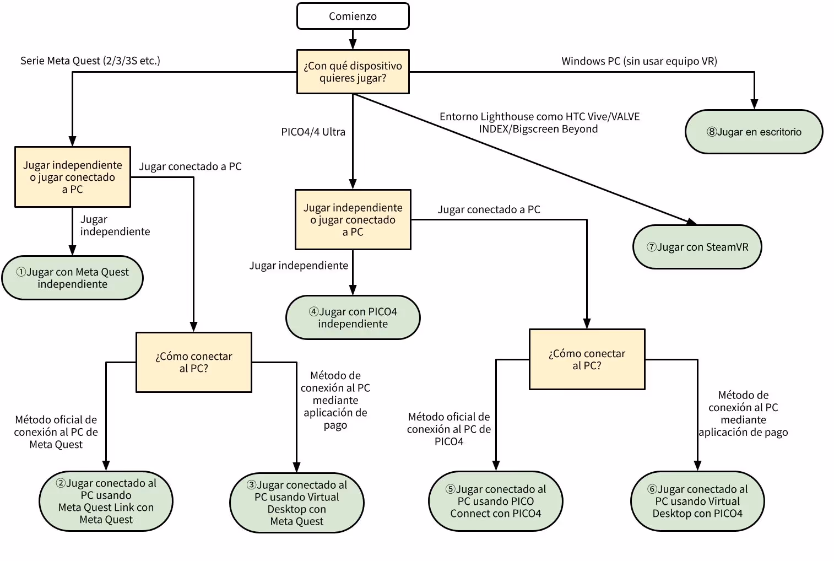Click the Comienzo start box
(x=353, y=16)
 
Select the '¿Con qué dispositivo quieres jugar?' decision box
(x=353, y=72)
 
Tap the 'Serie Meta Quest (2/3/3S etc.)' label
(x=90, y=61)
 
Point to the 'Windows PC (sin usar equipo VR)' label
(x=639, y=61)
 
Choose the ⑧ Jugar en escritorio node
(x=754, y=132)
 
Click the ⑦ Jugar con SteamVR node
(x=697, y=247)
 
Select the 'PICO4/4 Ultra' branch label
(x=313, y=132)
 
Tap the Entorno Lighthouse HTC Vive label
(x=539, y=123)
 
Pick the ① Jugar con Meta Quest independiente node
(x=72, y=278)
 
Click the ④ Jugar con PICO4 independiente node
(x=353, y=317)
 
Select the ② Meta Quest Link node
(x=106, y=501)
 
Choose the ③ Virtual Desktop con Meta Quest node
(x=296, y=503)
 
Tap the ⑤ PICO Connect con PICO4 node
(x=495, y=501)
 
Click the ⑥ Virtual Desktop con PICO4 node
(x=697, y=501)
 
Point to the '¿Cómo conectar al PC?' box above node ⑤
(x=587, y=359)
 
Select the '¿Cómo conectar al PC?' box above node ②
(x=193, y=362)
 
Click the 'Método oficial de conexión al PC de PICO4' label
(x=448, y=429)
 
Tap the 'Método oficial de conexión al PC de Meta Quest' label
(x=56, y=432)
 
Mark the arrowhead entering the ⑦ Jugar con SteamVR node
(x=691, y=222)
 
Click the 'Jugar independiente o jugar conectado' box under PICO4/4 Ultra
(x=353, y=219)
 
